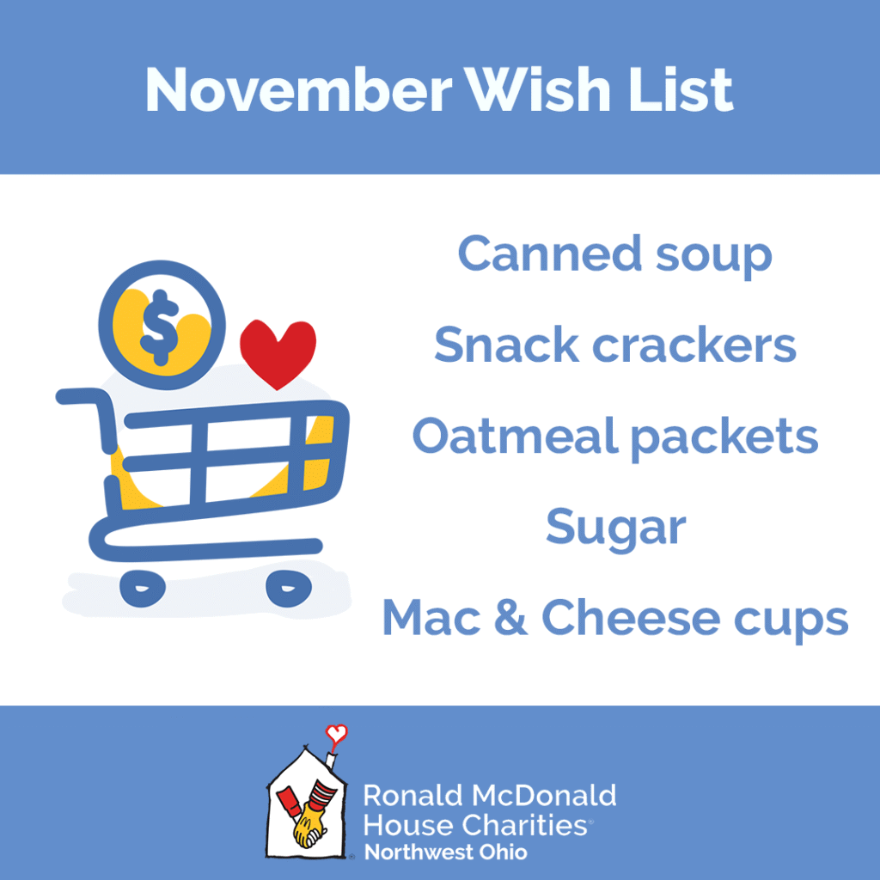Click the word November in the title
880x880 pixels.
[298, 90]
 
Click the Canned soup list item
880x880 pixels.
[615, 255]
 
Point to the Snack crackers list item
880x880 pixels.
[615, 345]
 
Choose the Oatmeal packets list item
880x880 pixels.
[615, 437]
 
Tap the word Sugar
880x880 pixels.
[615, 528]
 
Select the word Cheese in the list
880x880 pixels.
[631, 617]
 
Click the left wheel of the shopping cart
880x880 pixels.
[143, 588]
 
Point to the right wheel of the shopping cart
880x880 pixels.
[289, 588]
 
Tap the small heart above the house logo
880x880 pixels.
[337, 733]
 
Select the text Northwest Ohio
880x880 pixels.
[446, 852]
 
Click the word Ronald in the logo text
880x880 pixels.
[413, 796]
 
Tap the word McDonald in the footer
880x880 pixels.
[544, 796]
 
